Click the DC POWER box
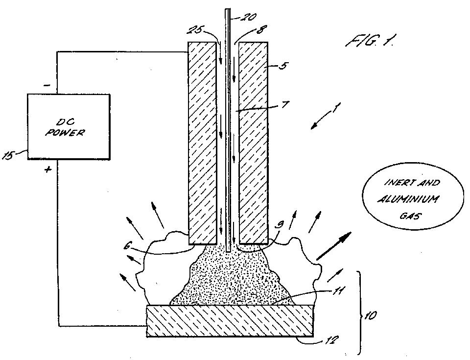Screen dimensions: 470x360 point(69,126)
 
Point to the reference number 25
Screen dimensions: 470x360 point(195,30)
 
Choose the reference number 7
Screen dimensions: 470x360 point(285,104)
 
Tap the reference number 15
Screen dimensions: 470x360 point(8,156)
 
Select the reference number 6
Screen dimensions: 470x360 point(127,246)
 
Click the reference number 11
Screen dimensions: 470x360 point(338,290)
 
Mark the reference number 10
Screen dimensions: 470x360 point(370,315)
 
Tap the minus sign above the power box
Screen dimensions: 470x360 point(47,86)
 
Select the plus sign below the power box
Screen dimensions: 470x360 point(47,170)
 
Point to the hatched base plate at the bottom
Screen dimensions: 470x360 point(230,321)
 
